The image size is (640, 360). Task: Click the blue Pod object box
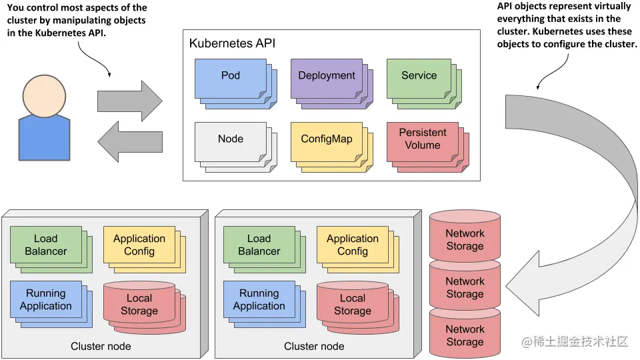(x=231, y=76)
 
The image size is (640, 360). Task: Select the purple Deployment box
(x=327, y=76)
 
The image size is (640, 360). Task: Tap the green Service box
(x=419, y=76)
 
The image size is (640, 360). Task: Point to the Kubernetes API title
(x=232, y=43)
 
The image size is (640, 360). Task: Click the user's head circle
(x=44, y=95)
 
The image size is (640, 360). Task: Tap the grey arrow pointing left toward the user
(x=130, y=141)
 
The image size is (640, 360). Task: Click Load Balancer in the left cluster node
(x=46, y=245)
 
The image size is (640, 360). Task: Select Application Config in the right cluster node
(x=353, y=245)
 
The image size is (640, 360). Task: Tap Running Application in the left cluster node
(x=46, y=299)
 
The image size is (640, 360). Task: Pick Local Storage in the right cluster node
(x=352, y=305)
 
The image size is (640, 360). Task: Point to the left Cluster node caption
(x=101, y=346)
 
